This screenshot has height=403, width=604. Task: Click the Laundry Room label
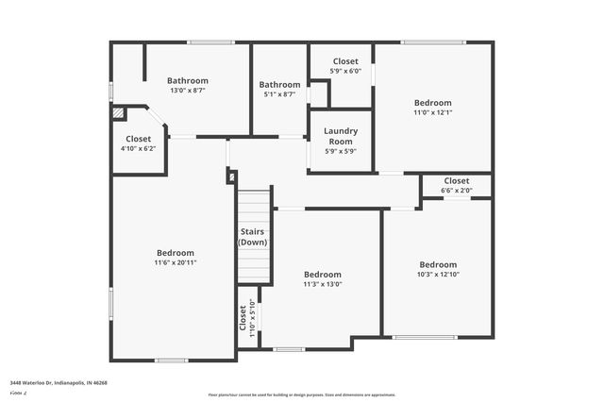(340, 136)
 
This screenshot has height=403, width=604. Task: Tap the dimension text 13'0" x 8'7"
(188, 91)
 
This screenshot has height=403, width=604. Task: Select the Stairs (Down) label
(252, 237)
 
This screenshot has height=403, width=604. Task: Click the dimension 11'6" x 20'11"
(176, 262)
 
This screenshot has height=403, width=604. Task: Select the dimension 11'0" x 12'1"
(433, 112)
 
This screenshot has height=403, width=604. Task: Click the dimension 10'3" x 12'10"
(438, 275)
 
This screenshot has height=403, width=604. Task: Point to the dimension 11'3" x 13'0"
(323, 284)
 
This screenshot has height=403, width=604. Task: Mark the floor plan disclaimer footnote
(301, 395)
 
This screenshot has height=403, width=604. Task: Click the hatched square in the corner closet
(118, 112)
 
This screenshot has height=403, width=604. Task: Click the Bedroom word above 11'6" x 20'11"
(176, 252)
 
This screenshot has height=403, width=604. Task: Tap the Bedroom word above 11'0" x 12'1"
(433, 102)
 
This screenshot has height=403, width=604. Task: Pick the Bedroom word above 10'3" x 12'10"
(438, 264)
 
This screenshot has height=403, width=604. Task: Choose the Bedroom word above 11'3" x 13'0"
(323, 274)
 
